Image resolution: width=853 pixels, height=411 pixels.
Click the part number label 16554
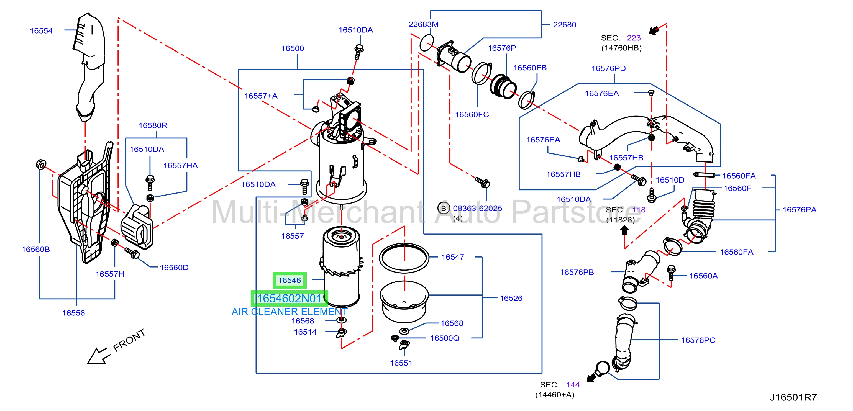tap(41, 31)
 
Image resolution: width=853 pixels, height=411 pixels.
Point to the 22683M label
tap(423, 24)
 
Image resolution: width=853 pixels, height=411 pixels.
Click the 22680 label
tap(564, 25)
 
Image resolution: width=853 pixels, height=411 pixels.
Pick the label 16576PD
tap(608, 68)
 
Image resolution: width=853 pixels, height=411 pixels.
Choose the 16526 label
tap(511, 298)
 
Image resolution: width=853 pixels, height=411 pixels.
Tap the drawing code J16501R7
tap(793, 397)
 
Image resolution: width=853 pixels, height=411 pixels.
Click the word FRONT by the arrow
tap(129, 340)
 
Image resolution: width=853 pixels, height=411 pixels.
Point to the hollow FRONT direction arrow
tap(98, 356)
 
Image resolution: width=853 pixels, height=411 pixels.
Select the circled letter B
tap(443, 209)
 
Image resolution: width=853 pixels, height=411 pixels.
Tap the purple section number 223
tap(634, 38)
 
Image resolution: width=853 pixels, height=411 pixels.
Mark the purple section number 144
tap(573, 385)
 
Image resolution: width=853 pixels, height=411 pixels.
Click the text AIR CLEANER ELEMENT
tap(289, 312)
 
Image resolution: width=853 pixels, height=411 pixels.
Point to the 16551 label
tap(401, 363)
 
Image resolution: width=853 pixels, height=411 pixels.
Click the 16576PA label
tap(799, 210)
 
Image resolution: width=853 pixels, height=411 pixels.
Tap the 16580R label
tap(153, 125)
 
